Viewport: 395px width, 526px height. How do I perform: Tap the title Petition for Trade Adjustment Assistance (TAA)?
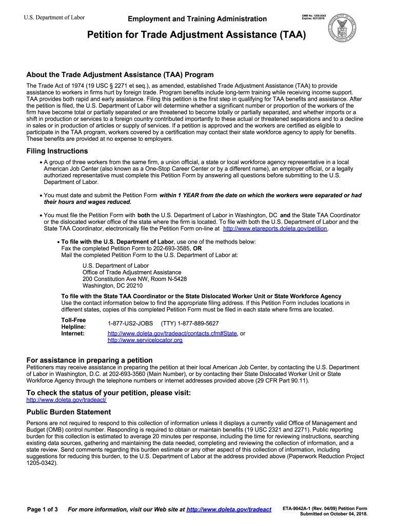pos(196,35)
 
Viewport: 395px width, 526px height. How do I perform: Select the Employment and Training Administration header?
pos(197,19)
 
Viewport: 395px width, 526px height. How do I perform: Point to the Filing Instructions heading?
pos(57,151)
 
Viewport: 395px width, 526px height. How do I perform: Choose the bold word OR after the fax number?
pos(197,248)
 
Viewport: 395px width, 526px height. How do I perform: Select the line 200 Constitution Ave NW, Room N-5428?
pos(134,279)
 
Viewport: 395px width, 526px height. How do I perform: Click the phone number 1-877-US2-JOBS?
pos(130,323)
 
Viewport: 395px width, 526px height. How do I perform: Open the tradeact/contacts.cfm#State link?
pos(172,333)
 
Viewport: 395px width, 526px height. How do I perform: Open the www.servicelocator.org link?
pos(145,340)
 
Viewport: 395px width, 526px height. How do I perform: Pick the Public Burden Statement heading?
pos(68,412)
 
